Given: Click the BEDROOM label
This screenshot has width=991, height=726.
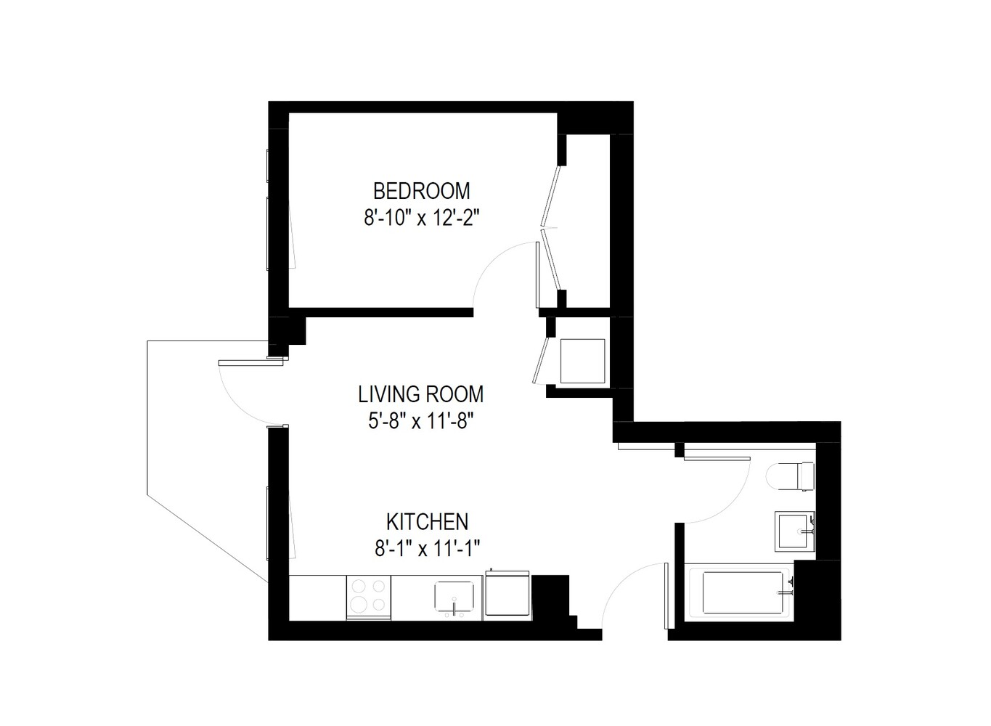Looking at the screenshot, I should tap(421, 191).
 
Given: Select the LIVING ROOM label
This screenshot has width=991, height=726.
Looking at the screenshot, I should tap(421, 394).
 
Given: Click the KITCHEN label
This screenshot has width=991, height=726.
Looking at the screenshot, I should tap(427, 521).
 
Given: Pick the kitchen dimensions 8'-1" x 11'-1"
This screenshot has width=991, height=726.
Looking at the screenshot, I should tap(427, 548).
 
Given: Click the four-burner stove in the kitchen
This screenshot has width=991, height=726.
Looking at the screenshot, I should tap(369, 596).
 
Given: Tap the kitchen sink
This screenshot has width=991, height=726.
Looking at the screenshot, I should tap(456, 597).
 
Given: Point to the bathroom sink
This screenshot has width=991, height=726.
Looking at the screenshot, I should tap(794, 531).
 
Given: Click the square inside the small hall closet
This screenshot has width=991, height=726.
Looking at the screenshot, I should tap(582, 361).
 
